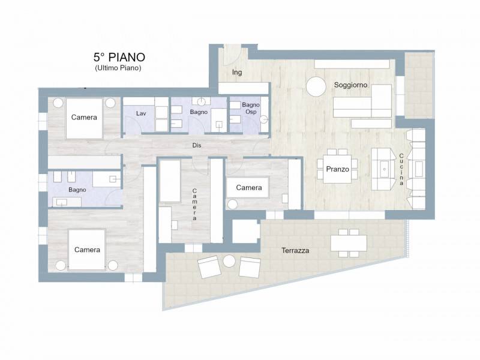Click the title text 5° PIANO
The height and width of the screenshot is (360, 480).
point(119,57)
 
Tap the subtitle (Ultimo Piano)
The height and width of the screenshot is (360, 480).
point(118,68)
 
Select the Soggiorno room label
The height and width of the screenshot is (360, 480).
point(350,85)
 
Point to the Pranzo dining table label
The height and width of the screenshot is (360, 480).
point(337,169)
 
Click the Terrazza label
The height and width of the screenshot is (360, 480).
point(295,250)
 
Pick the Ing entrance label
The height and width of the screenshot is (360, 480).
point(237,73)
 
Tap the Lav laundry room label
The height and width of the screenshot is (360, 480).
point(141,113)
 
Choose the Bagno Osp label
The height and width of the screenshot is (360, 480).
point(251,109)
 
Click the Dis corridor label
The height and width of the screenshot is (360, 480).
point(197,145)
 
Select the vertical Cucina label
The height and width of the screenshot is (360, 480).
point(401,169)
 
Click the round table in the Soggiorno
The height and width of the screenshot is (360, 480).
point(316,86)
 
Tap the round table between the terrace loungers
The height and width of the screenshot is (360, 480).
point(229,261)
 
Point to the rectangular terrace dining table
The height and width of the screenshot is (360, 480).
point(349,243)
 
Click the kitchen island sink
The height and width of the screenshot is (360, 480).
point(384,169)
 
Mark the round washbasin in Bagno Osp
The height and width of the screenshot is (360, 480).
point(264,119)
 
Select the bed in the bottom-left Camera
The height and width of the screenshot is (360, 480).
point(87,250)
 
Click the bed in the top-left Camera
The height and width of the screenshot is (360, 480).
point(84,118)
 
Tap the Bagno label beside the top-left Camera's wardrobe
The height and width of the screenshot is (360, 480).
point(77,190)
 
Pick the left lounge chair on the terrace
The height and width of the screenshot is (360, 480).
point(209,266)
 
